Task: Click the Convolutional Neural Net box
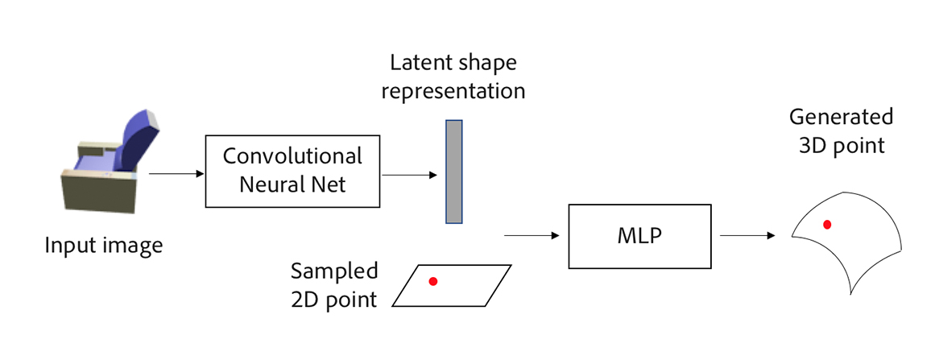[x=292, y=170]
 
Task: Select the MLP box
[x=640, y=236]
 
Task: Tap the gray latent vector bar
[x=454, y=172]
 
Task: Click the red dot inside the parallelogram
[x=433, y=281]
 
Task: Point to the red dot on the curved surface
[x=827, y=225]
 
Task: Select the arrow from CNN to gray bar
[x=408, y=172]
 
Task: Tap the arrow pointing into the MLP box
[x=532, y=236]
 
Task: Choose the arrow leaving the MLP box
[x=747, y=236]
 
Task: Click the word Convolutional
[x=292, y=156]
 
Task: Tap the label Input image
[x=103, y=245]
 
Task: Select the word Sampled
[x=334, y=270]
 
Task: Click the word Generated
[x=841, y=117]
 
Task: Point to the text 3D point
[x=841, y=146]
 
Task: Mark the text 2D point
[x=334, y=300]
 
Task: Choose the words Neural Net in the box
[x=292, y=184]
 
